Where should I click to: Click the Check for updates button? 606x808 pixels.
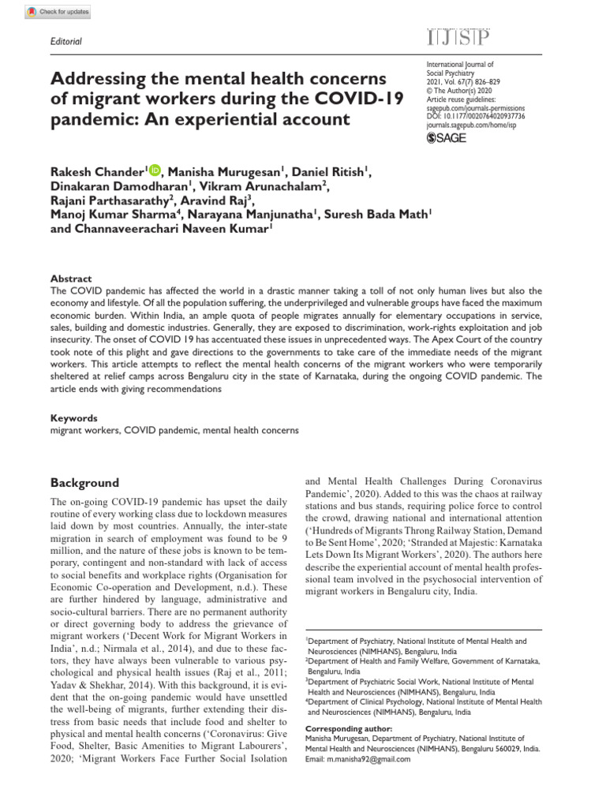click(x=58, y=12)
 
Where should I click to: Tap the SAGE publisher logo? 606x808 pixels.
click(x=447, y=139)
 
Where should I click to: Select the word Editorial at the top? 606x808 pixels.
click(x=66, y=41)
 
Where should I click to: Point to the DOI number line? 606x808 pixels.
click(x=475, y=116)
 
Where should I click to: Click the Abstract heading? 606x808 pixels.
click(x=71, y=279)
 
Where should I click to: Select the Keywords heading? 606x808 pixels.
click(x=74, y=418)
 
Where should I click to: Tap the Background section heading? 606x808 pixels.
click(x=84, y=482)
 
